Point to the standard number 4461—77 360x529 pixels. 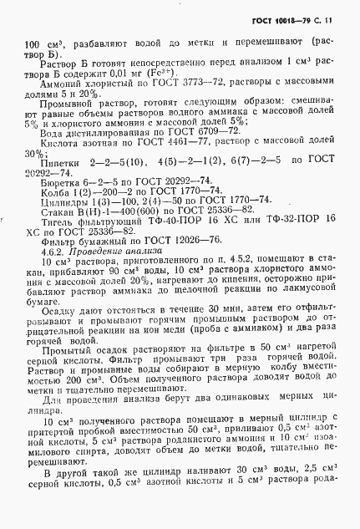177,143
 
